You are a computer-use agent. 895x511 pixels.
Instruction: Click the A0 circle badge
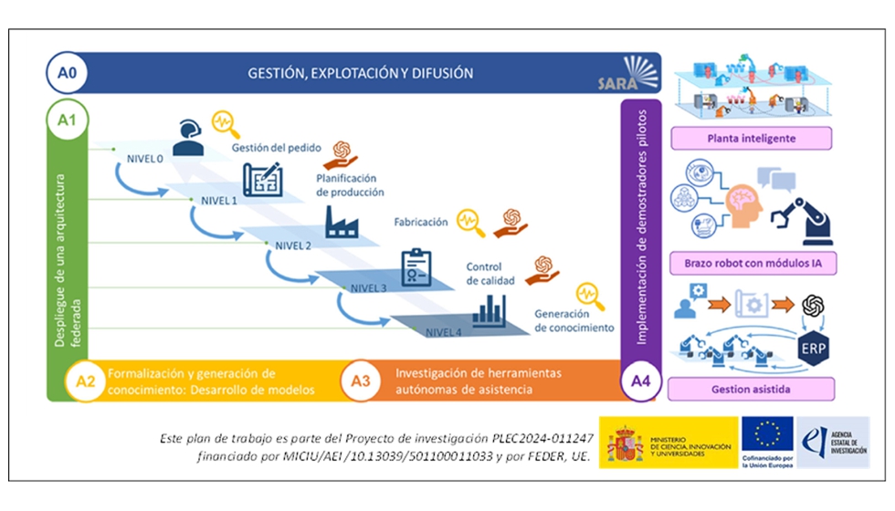pyautogui.click(x=67, y=73)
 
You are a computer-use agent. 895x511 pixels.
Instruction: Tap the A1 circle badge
pyautogui.click(x=67, y=120)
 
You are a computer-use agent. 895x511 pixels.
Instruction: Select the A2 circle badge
pyautogui.click(x=85, y=381)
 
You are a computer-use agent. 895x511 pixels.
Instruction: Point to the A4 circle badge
pyautogui.click(x=638, y=381)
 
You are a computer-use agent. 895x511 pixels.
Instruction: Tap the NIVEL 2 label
pyautogui.click(x=293, y=245)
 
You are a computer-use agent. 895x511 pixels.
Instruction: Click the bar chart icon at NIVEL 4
pyautogui.click(x=490, y=309)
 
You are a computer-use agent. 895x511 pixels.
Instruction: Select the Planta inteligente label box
pyautogui.click(x=752, y=139)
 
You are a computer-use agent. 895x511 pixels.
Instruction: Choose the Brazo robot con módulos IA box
pyautogui.click(x=752, y=264)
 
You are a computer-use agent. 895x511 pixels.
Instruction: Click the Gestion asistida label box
pyautogui.click(x=752, y=389)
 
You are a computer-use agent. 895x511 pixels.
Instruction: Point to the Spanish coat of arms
pyautogui.click(x=626, y=443)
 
